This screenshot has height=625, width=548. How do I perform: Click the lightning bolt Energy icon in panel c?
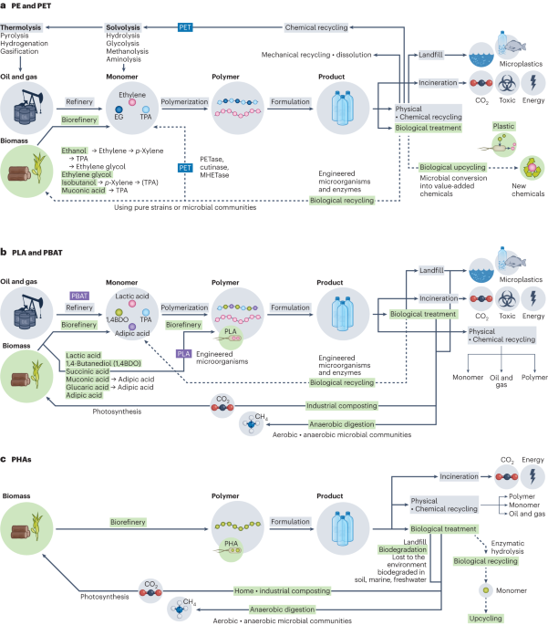532,476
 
